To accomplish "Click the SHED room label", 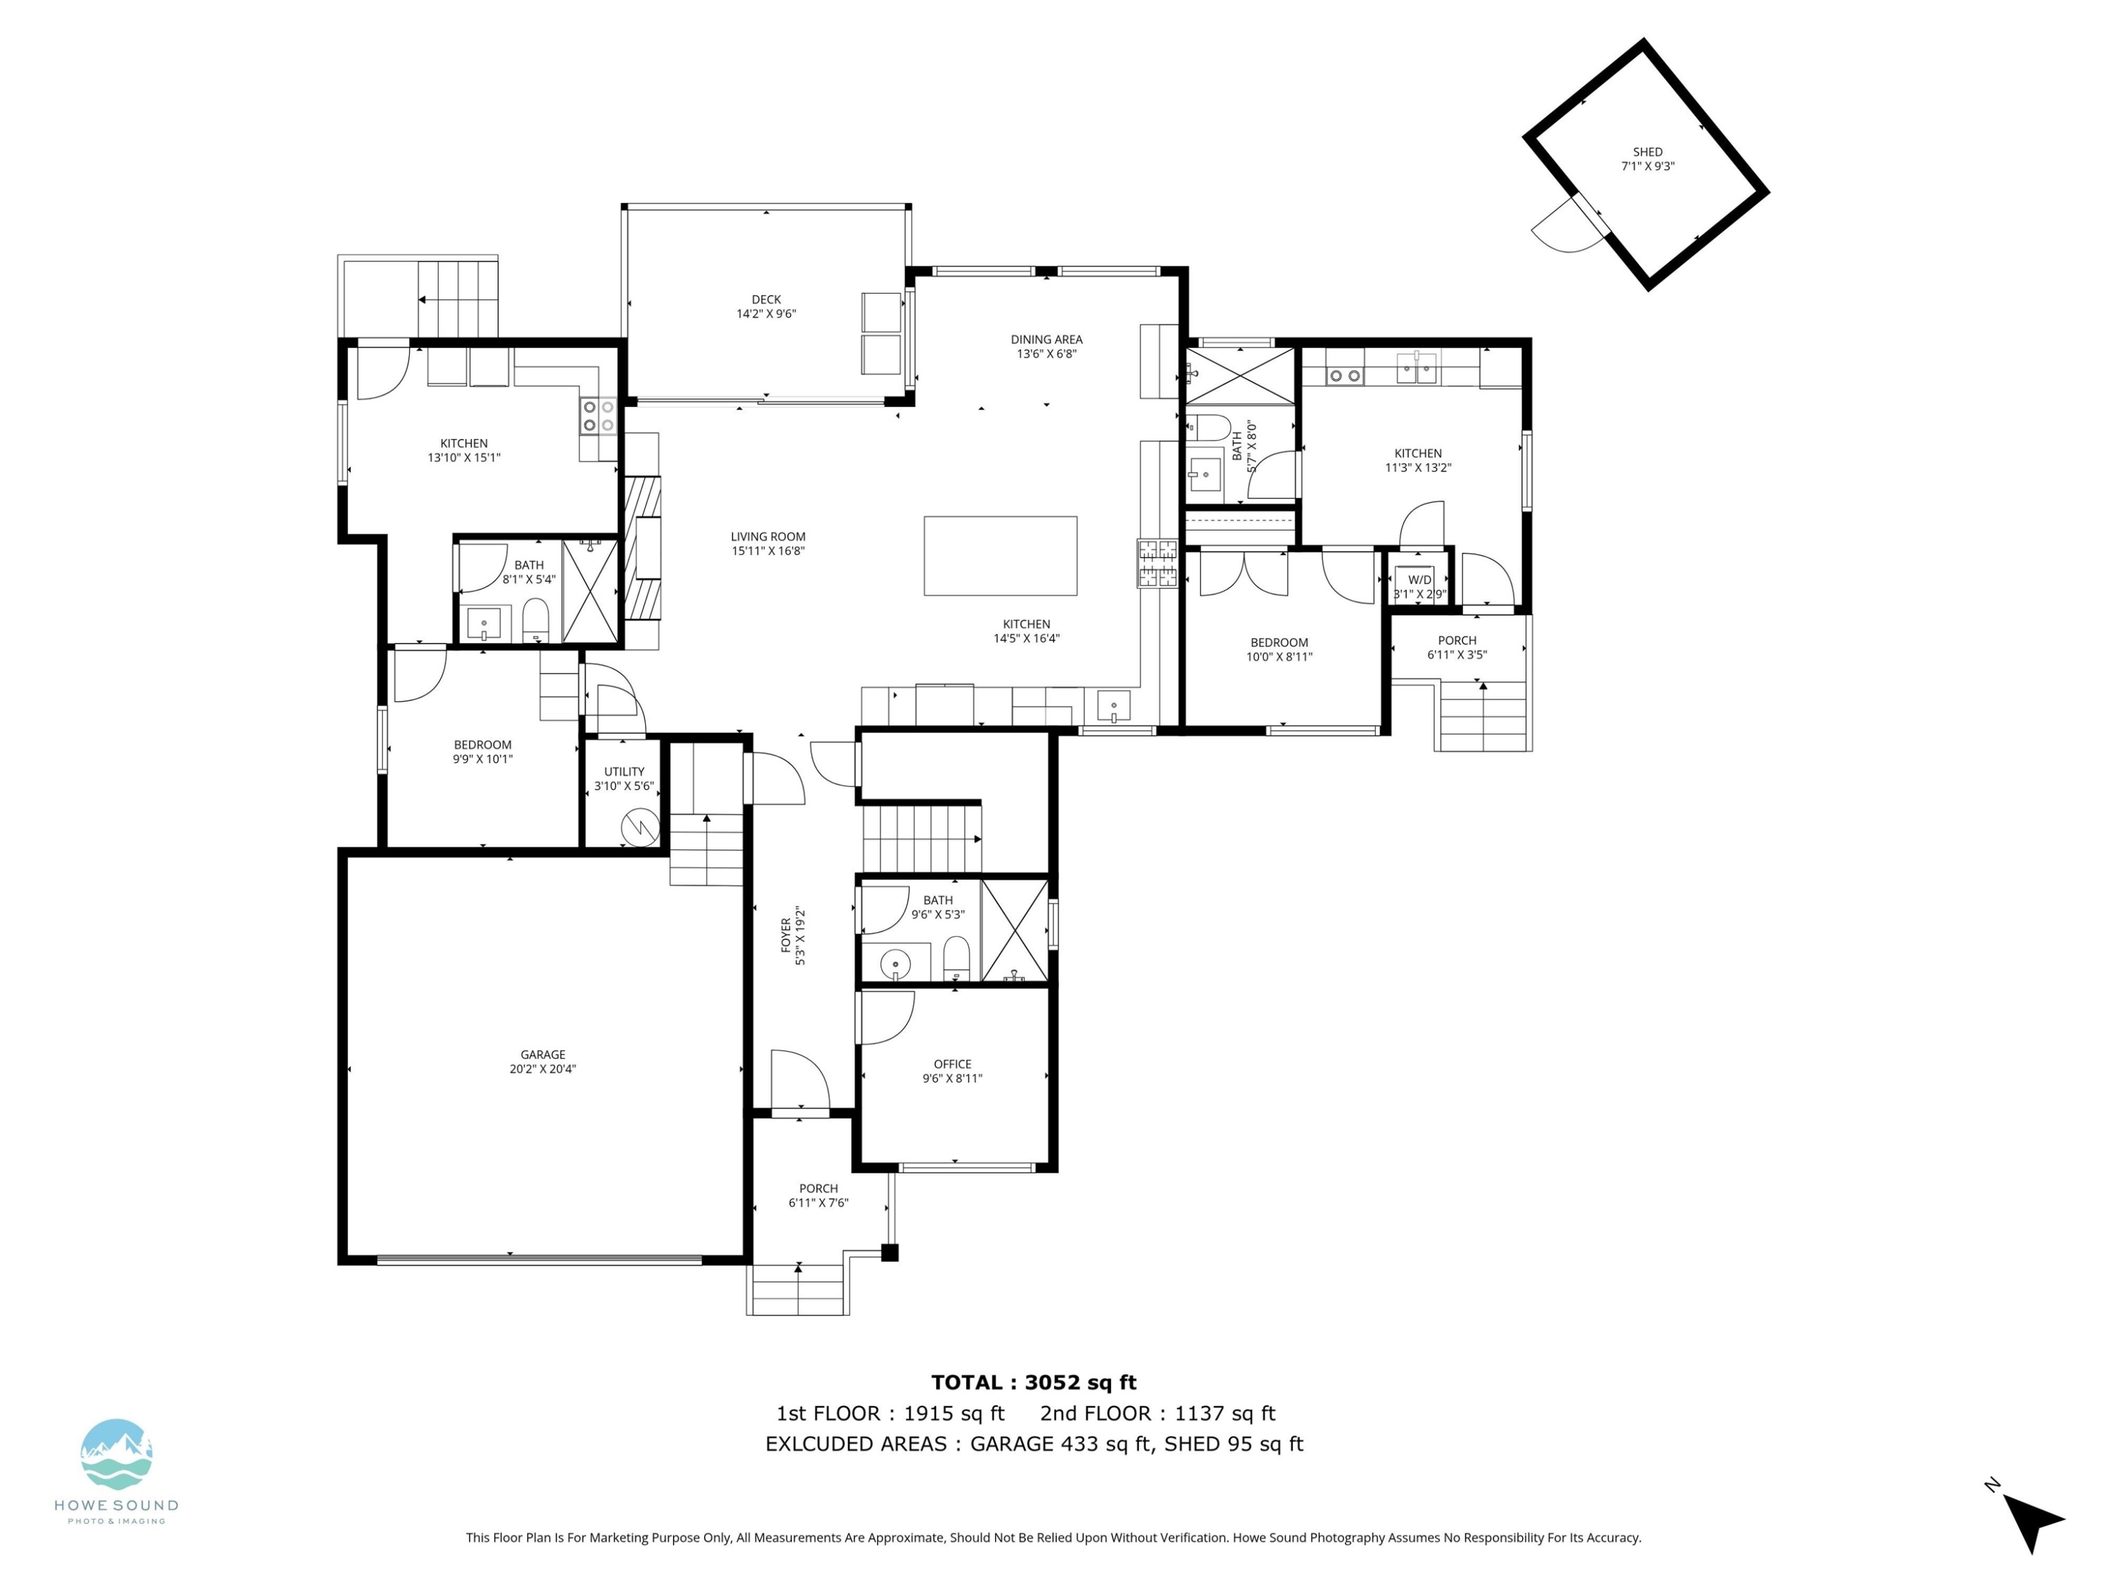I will (x=1647, y=158).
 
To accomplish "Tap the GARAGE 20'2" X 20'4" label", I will (x=542, y=1060).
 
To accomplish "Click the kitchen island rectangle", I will (x=1000, y=556).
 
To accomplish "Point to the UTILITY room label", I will (x=624, y=779).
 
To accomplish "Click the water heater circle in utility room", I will (x=639, y=826).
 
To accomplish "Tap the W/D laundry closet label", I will (x=1419, y=586).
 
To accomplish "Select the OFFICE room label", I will (x=952, y=1071).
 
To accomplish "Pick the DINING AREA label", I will (x=1046, y=346).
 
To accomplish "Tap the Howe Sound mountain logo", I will (x=116, y=1453).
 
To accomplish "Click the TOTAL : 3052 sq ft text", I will (x=1033, y=1382).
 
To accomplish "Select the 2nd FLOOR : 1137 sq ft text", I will (x=1157, y=1413).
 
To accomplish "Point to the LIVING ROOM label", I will (x=767, y=543).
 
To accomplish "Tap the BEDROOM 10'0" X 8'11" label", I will (x=1279, y=649).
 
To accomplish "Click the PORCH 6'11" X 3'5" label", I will (x=1456, y=647).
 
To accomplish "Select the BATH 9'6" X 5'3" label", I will (x=938, y=906).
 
